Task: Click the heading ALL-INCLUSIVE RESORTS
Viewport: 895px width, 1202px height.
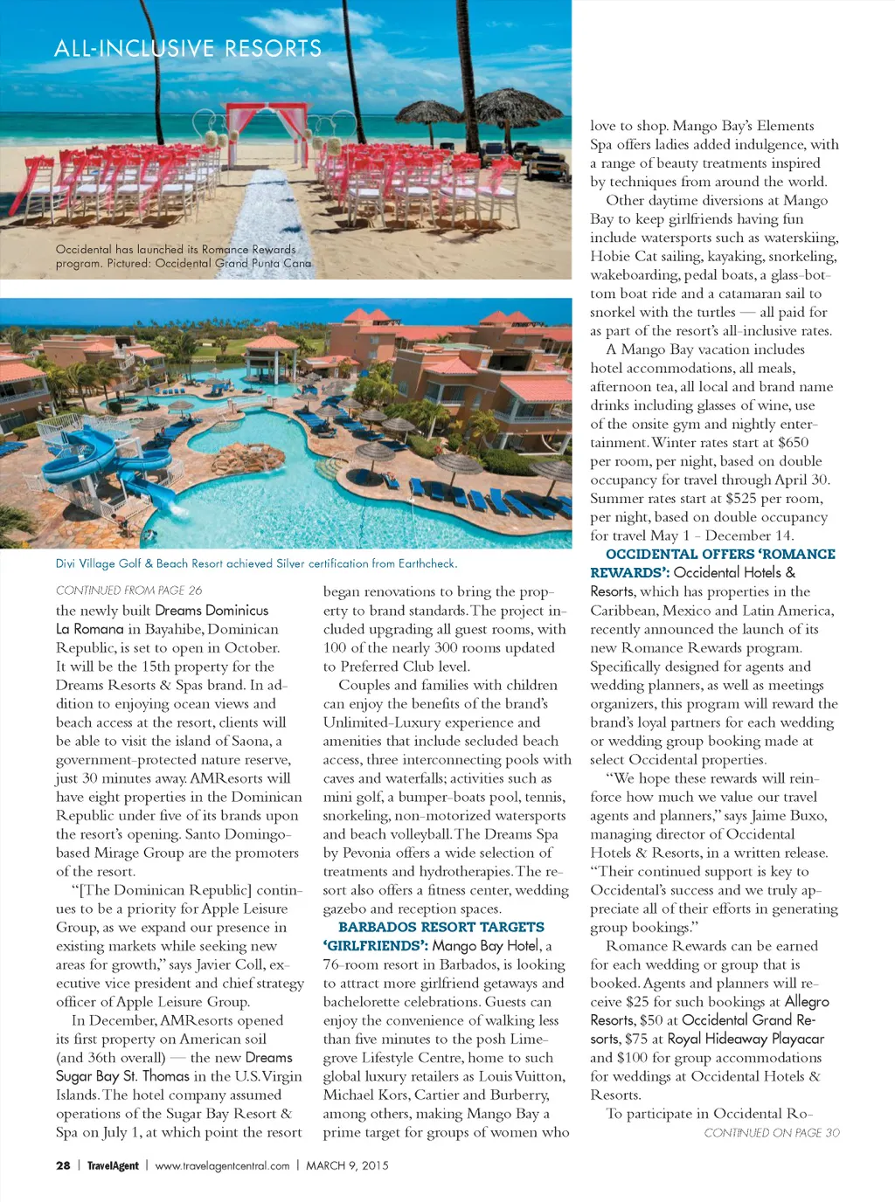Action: tap(188, 48)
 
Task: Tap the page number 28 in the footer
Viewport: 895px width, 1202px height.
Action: tap(63, 1165)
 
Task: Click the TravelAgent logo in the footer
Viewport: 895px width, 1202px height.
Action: tap(113, 1165)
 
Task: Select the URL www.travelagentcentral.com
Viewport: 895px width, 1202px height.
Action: tap(222, 1165)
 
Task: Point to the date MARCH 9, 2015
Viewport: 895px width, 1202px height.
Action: tap(347, 1165)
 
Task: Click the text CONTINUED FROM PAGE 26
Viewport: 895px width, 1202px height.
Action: tap(128, 591)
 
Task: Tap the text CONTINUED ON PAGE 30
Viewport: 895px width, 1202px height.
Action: tap(772, 1133)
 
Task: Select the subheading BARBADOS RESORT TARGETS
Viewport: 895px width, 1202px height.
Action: tap(441, 927)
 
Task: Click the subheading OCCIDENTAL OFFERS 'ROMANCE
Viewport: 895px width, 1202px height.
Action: tap(720, 554)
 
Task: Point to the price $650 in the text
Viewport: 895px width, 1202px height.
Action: tap(793, 443)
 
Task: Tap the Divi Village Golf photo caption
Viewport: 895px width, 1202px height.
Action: tap(256, 563)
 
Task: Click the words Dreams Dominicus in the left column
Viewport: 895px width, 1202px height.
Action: tap(212, 610)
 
